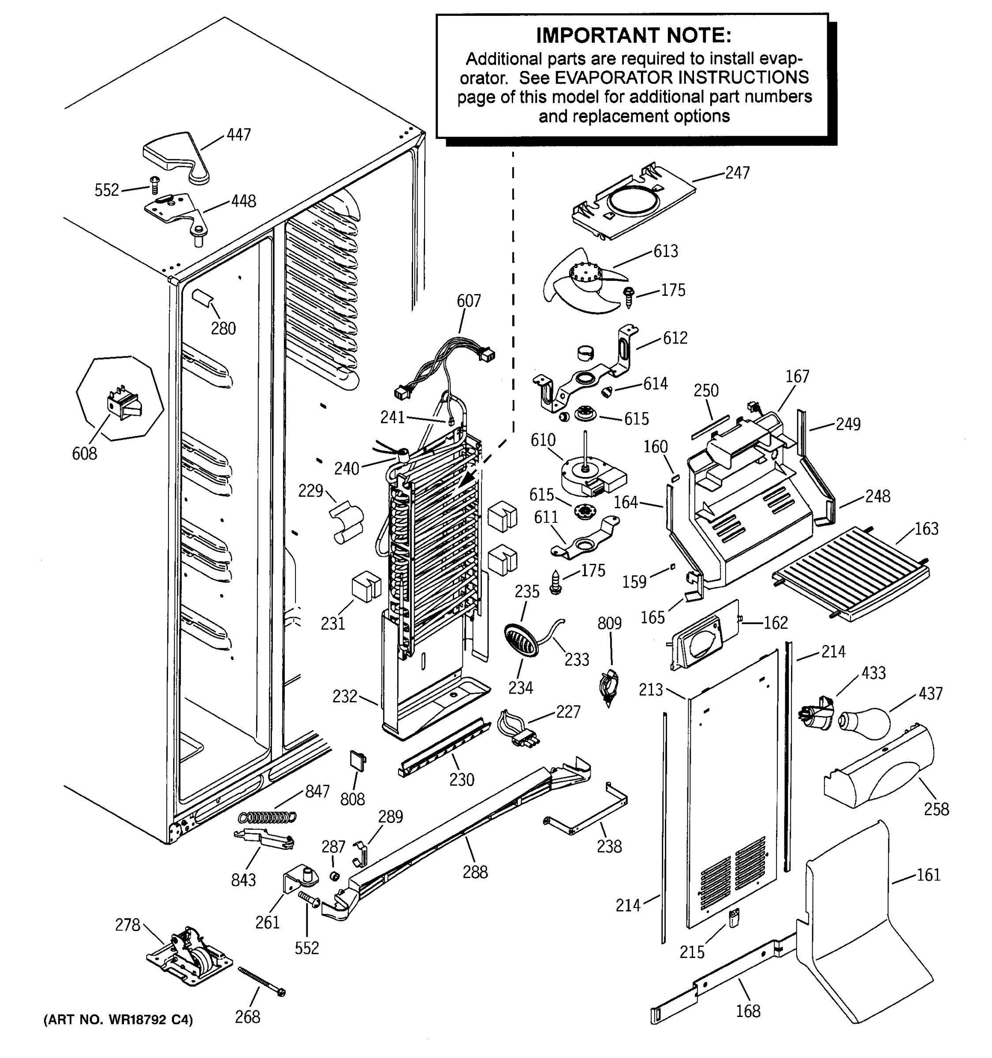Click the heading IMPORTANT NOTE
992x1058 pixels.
633,36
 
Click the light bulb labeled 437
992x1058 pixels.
865,722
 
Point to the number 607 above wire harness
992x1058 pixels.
468,301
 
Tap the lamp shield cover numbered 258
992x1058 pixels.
881,770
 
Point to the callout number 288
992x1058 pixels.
475,872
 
